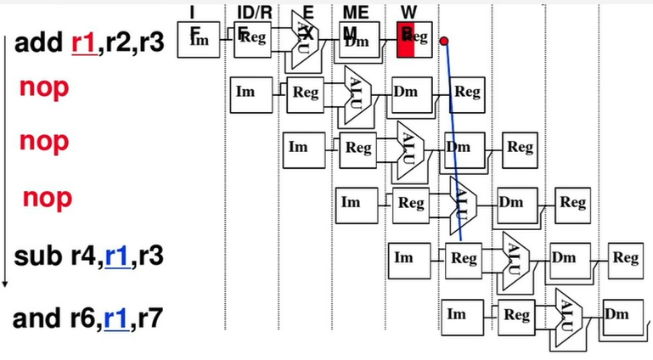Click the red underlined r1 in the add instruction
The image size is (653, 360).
pos(84,42)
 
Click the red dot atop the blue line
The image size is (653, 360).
pos(443,41)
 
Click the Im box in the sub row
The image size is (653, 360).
pos(405,258)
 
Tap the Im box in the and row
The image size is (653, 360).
pos(457,314)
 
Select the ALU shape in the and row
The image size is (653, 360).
pos(565,315)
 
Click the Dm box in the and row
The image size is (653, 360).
pos(617,314)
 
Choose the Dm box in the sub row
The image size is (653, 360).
pos(565,258)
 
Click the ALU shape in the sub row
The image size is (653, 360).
pos(513,258)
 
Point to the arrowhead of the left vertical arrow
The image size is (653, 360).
pos(5,284)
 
